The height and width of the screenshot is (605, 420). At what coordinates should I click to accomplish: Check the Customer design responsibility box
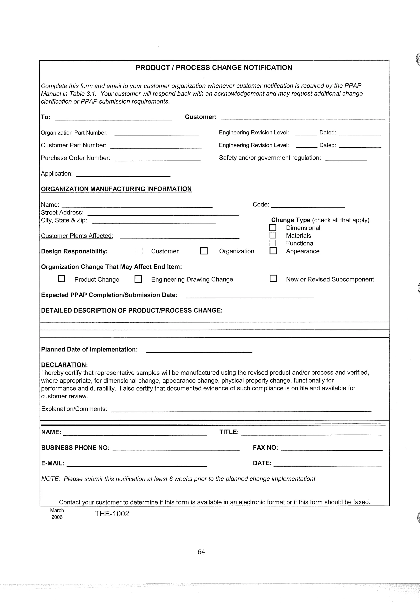click(139, 251)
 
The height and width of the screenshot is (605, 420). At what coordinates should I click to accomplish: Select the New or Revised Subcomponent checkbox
click(273, 278)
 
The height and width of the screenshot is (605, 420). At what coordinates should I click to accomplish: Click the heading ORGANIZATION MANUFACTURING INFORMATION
click(116, 189)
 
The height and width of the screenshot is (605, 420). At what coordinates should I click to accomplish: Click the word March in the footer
click(57, 510)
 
